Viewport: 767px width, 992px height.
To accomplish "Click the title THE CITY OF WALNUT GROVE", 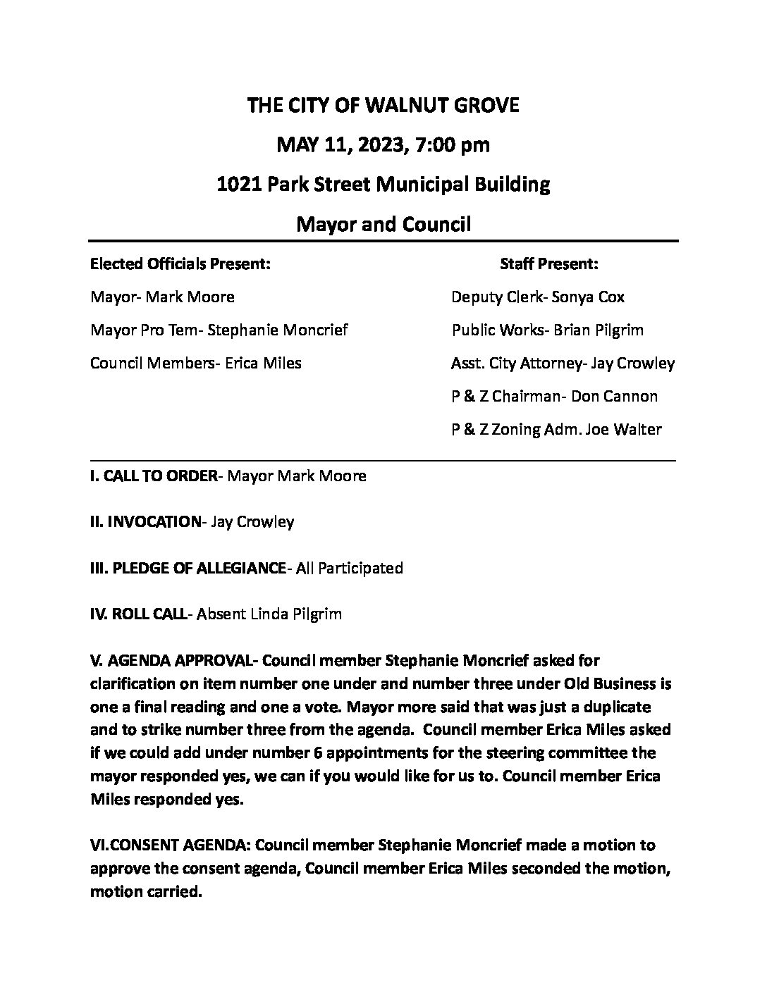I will coord(383,106).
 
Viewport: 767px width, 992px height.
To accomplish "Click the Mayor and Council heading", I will coord(383,225).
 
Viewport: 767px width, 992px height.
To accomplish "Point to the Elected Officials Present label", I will coord(180,264).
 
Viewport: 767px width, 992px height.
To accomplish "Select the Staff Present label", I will coord(549,264).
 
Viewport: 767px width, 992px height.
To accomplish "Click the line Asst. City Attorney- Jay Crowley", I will coord(563,364).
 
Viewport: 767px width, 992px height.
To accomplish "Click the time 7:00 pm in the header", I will coord(452,146).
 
